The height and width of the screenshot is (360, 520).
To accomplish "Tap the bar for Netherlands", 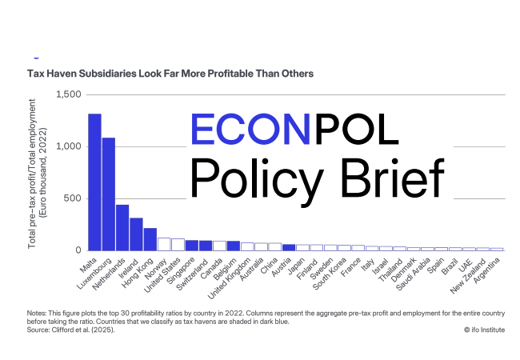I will tap(122, 228).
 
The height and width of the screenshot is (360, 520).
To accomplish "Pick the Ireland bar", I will tap(136, 234).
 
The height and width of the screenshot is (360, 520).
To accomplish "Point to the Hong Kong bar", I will tap(150, 239).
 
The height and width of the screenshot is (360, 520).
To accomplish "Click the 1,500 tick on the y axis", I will tap(69, 94).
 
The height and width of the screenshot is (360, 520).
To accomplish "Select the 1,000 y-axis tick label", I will tap(69, 146).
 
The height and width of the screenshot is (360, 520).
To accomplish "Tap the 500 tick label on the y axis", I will tap(73, 198).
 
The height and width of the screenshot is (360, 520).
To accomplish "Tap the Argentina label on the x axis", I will tap(487, 272).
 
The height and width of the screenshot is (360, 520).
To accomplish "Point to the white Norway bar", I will tap(164, 244).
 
